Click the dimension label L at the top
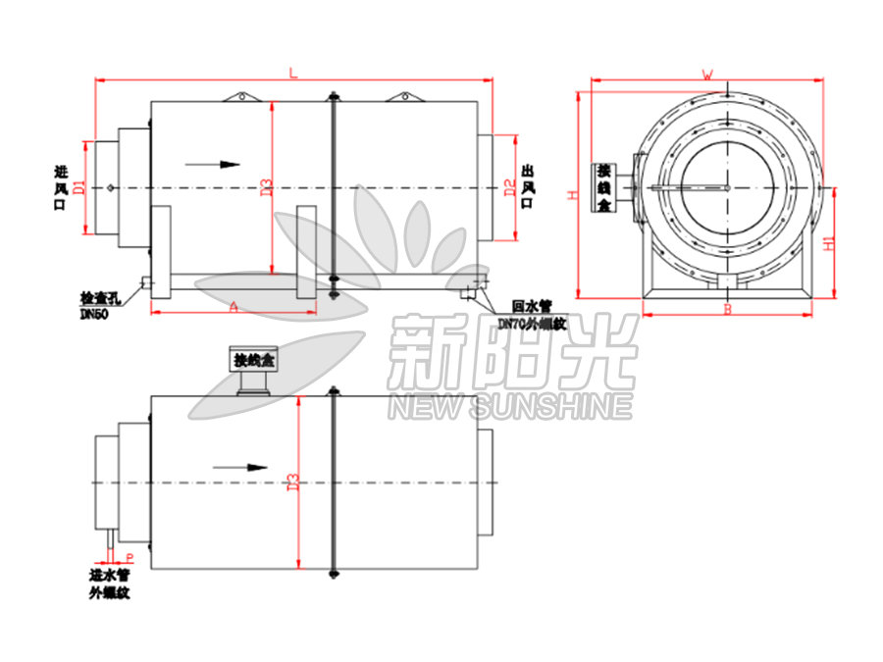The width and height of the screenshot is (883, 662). point(292,73)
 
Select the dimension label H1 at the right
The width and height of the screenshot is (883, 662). point(829,241)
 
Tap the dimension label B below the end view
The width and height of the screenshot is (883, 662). point(727,310)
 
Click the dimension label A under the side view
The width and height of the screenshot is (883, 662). point(234,307)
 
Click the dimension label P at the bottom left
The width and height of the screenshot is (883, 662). point(130,556)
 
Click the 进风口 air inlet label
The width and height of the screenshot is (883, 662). point(61,187)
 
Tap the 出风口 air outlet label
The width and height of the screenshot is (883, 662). point(528,186)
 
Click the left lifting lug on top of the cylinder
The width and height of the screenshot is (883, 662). point(241,96)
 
